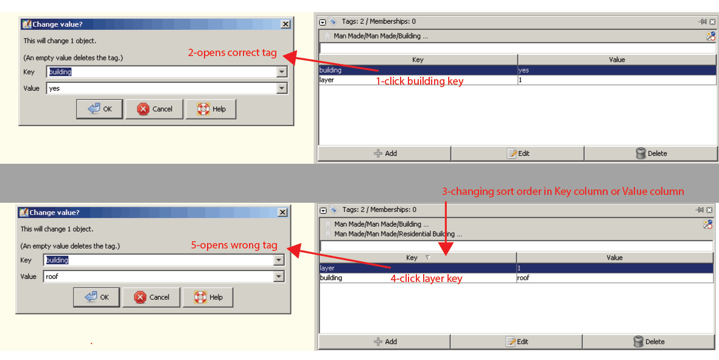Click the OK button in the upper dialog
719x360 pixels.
99,109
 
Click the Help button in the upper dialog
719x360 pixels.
211,109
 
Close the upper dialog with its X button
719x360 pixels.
285,24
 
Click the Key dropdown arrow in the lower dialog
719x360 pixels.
278,260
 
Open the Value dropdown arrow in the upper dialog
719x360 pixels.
281,88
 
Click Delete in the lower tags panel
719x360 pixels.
648,342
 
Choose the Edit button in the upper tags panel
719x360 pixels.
517,154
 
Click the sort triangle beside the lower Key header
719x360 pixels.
428,258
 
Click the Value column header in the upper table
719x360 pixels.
617,60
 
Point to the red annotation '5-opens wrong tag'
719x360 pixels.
234,245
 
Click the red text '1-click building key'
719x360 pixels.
419,81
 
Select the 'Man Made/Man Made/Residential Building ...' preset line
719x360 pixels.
398,234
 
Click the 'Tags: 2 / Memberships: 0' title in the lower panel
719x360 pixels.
379,210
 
